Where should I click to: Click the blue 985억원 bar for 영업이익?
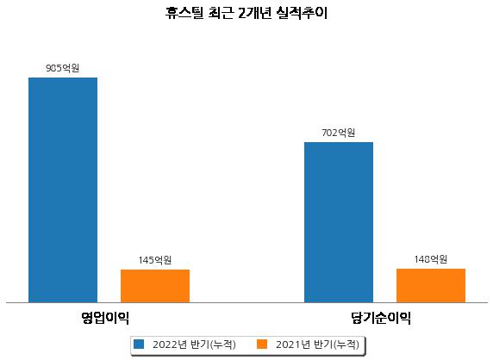tap(63, 190)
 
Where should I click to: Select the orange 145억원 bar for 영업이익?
tap(155, 286)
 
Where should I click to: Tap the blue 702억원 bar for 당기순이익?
tap(339, 222)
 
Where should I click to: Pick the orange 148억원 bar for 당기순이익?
tap(431, 286)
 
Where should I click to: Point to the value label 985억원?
tap(63, 68)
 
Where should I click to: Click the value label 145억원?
tap(155, 260)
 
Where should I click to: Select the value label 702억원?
tap(339, 133)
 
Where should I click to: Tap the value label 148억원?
tap(430, 259)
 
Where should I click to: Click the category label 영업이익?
tap(105, 318)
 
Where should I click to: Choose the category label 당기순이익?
tap(381, 318)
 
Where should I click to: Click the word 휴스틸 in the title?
tap(184, 13)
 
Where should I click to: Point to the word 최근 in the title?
tap(221, 13)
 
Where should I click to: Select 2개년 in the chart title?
tap(254, 13)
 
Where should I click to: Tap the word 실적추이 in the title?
tap(302, 13)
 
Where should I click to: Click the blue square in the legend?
tap(139, 344)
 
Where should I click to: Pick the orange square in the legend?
tap(262, 344)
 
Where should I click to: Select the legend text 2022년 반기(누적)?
tap(194, 344)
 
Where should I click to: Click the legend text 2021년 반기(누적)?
tap(317, 344)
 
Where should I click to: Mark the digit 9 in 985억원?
tap(48, 68)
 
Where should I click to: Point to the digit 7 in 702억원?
tap(324, 133)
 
